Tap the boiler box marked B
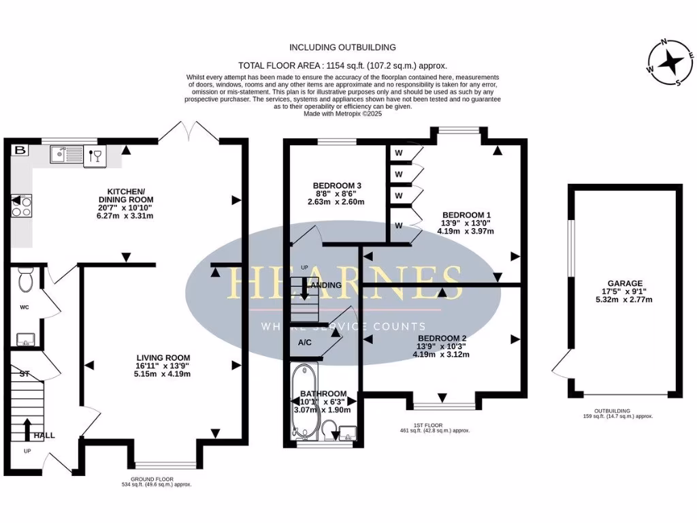20,150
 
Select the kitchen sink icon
66,156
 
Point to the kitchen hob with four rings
20,206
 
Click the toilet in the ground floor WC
27,279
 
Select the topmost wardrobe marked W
400,154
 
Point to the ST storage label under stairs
25,374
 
